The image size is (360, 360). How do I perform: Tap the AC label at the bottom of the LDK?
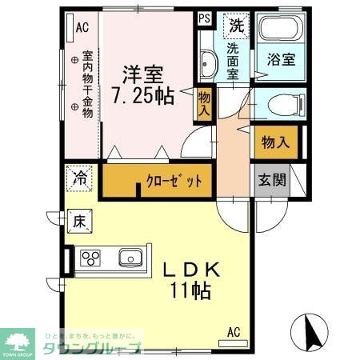point(234,330)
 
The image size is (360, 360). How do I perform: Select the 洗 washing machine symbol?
point(236,26)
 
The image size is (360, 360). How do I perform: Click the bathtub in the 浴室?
point(278,31)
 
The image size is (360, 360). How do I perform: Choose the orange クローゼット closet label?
point(167,181)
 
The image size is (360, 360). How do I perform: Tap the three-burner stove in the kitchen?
point(91,258)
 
